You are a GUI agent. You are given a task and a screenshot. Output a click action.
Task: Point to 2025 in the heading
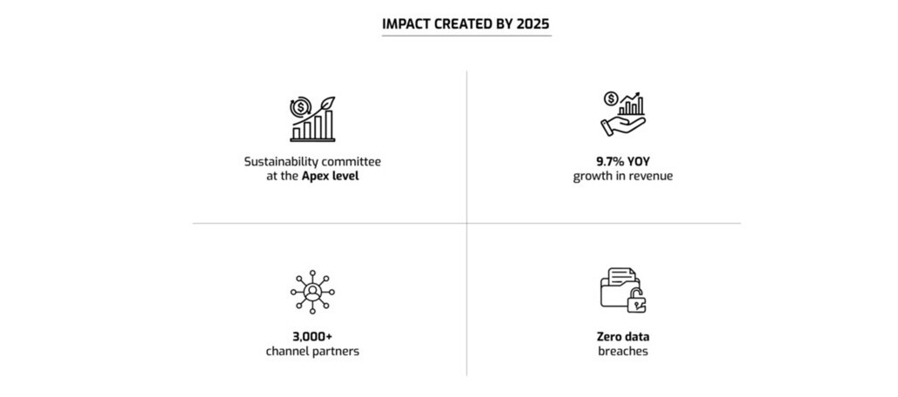538,24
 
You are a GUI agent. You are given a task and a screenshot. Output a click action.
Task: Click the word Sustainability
280,162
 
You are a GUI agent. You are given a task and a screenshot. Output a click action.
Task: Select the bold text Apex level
331,177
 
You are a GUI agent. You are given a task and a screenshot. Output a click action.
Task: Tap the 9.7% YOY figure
622,162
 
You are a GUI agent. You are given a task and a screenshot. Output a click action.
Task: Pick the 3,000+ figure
312,336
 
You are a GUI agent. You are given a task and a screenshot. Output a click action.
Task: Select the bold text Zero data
622,336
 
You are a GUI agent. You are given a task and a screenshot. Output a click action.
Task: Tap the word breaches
622,351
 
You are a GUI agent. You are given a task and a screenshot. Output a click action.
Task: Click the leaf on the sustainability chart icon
327,104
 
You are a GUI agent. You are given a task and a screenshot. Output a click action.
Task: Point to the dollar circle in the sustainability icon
301,108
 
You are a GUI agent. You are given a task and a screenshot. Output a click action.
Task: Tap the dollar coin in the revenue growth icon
611,99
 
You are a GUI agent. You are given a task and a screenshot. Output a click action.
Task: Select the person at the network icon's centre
312,293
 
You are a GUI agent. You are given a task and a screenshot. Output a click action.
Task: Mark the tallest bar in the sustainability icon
329,124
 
